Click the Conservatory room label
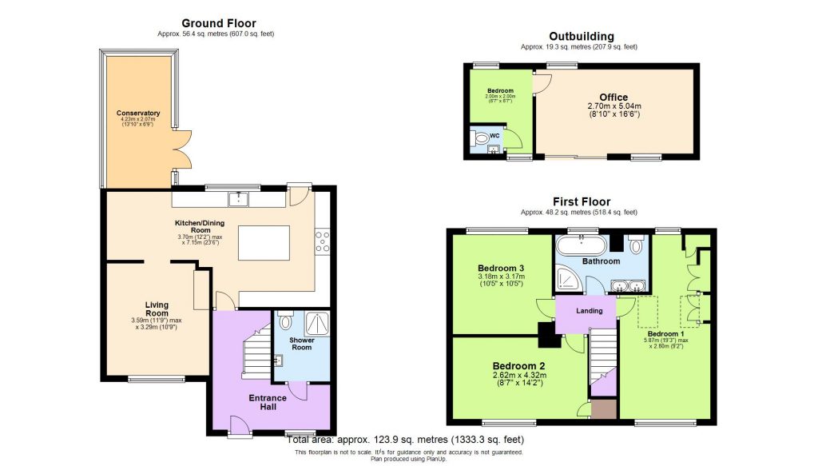[137, 113]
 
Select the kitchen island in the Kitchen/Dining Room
[263, 243]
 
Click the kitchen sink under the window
[239, 197]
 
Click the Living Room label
[156, 309]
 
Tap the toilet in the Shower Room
[287, 322]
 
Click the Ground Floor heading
[218, 23]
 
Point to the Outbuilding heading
[581, 36]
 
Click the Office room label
[614, 98]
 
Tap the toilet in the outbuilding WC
[481, 139]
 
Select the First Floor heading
[581, 202]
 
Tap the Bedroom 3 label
[501, 268]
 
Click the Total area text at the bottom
[408, 440]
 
